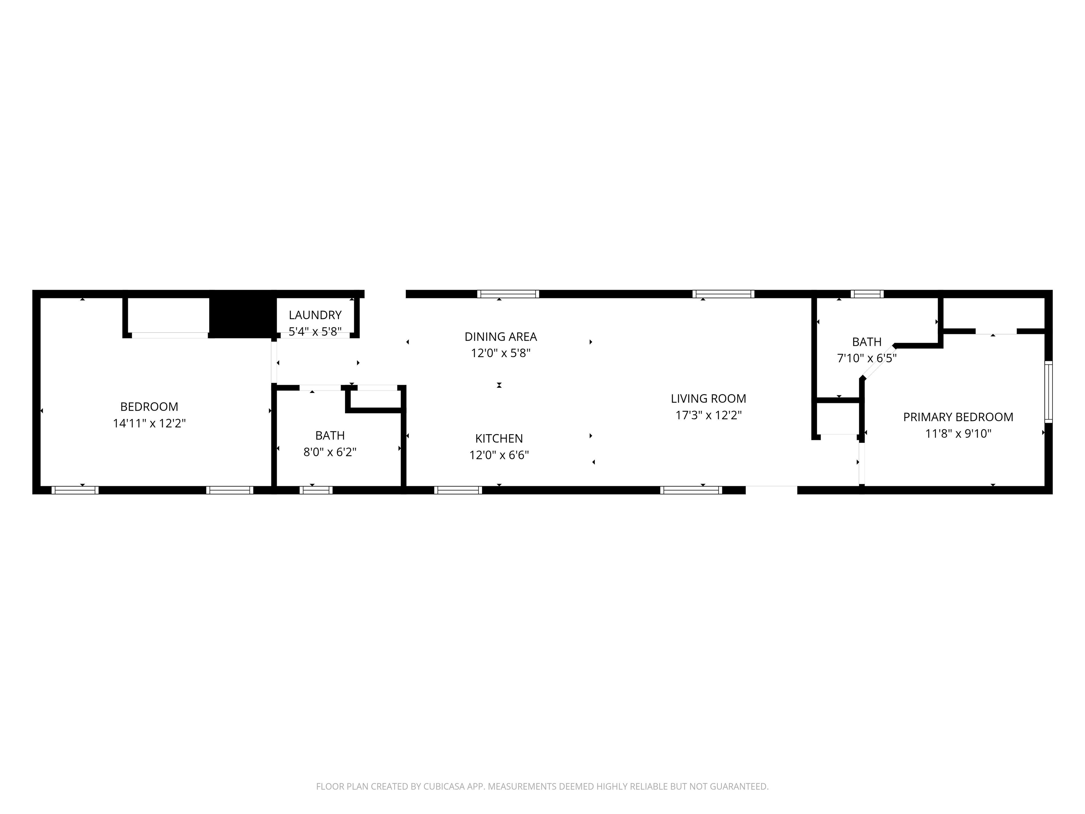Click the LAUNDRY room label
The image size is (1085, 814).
[315, 315]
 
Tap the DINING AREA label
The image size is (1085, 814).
[501, 337]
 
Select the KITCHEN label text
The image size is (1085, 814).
[499, 438]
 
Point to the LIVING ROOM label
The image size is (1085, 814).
[708, 399]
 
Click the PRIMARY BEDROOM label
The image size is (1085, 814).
[958, 417]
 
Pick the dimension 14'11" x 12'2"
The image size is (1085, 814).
[149, 423]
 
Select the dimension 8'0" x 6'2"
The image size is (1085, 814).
[330, 452]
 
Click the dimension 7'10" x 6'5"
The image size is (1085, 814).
[867, 358]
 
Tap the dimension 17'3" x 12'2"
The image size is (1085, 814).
[708, 415]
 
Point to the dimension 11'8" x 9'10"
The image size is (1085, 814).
[958, 433]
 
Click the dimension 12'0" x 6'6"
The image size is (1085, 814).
[499, 455]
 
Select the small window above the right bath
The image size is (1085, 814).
[867, 294]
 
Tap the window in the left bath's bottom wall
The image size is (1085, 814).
[316, 490]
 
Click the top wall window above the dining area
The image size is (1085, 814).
[508, 294]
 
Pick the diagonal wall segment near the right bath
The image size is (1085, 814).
[878, 362]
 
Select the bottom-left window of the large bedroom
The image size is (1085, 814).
[75, 490]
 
